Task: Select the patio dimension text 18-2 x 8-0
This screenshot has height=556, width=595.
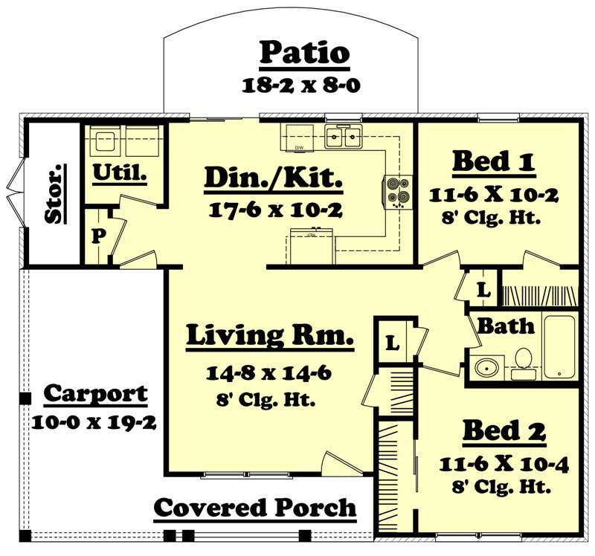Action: coord(301,85)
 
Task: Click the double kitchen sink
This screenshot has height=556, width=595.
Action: coord(343,136)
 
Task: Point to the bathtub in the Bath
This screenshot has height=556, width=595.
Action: coord(559,346)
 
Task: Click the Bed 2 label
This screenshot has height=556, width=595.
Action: coord(504,430)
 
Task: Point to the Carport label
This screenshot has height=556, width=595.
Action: coord(95,393)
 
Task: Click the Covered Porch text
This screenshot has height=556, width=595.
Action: coord(254,508)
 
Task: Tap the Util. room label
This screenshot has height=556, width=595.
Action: coord(119,172)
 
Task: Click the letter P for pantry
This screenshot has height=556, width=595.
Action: coord(97,236)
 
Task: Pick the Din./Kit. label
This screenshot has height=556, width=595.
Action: coord(273,178)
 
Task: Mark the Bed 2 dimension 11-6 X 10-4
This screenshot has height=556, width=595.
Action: coord(504,465)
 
